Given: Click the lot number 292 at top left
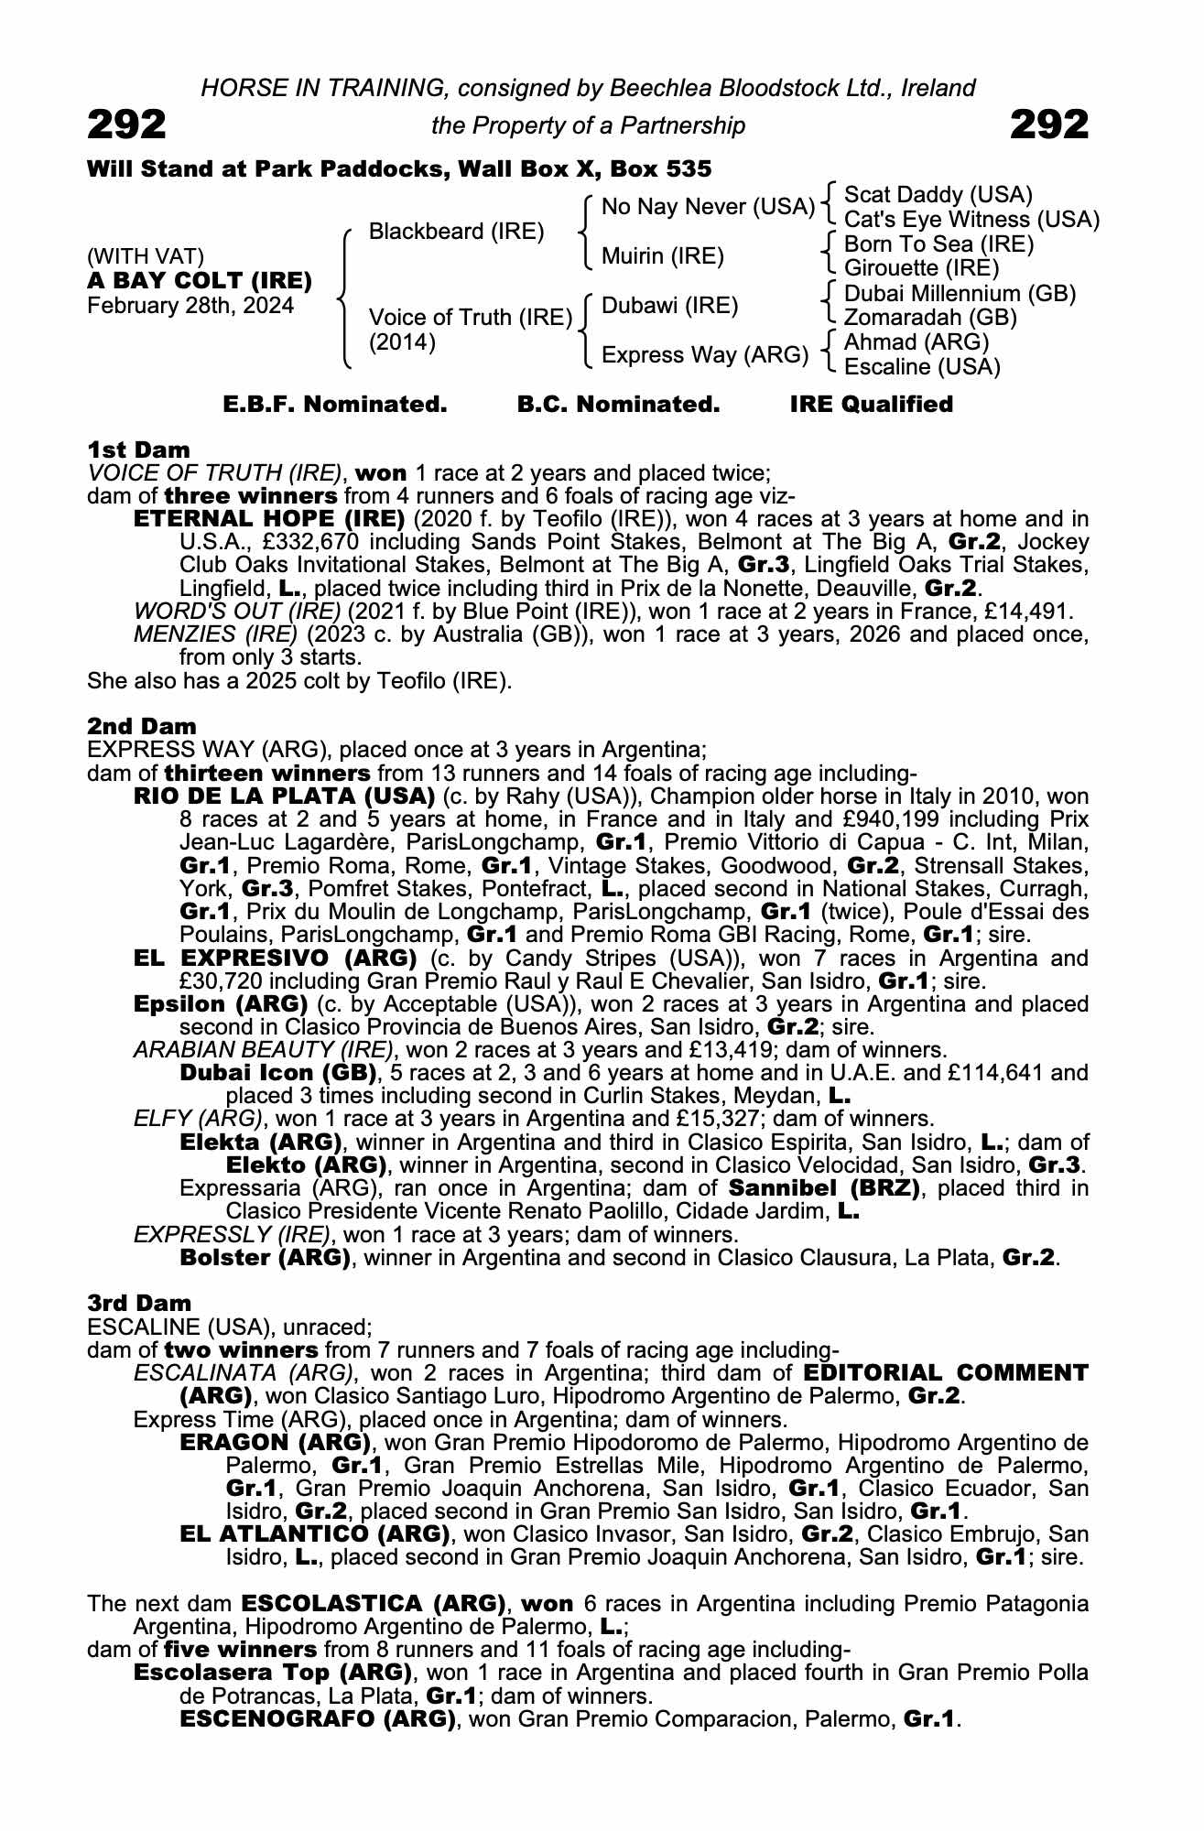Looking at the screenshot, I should [126, 125].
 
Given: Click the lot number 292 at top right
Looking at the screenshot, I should [1049, 125].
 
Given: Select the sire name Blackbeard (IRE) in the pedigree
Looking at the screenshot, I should [456, 232].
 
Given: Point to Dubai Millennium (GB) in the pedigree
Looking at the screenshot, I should [960, 294].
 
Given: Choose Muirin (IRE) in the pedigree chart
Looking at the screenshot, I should [662, 256].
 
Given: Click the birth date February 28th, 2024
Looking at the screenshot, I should [190, 306].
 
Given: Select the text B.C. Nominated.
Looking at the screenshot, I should [618, 405].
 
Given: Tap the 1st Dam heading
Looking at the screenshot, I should [138, 450].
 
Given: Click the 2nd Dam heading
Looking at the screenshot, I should [141, 726].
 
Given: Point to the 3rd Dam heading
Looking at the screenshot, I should [140, 1303].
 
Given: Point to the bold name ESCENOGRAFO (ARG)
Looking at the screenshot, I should [317, 1719].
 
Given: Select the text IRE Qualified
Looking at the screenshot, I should [871, 405].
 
